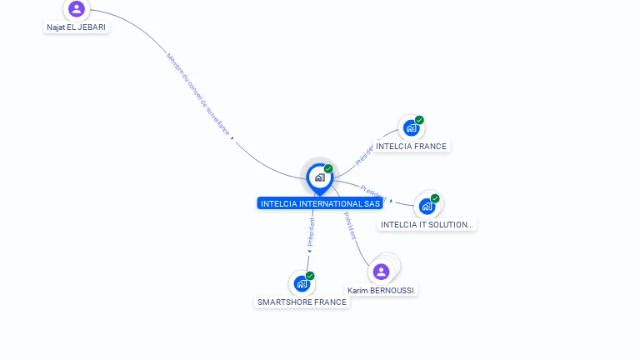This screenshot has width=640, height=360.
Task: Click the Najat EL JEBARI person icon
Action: (x=77, y=9)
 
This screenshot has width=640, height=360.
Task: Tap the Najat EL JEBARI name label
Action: (x=77, y=27)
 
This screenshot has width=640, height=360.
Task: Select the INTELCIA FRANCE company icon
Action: (x=410, y=127)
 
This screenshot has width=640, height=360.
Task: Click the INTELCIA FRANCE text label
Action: (x=411, y=147)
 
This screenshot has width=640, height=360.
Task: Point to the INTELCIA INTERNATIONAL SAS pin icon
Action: (x=319, y=177)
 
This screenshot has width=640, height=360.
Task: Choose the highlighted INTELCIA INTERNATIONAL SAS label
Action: (x=320, y=203)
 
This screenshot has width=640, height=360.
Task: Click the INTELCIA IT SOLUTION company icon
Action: (x=427, y=206)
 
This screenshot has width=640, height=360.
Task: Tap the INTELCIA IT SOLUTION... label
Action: (x=427, y=224)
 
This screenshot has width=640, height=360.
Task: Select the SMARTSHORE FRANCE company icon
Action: (x=302, y=283)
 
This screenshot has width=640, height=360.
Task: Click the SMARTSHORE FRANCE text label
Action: (x=302, y=302)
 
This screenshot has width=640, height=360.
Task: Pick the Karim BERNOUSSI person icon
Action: (x=381, y=272)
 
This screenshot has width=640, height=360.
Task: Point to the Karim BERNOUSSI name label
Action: (x=381, y=291)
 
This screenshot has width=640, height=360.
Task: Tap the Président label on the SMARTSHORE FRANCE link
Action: (x=311, y=233)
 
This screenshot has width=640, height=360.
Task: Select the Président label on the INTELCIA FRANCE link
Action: (x=365, y=151)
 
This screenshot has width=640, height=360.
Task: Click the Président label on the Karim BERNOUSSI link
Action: (x=350, y=226)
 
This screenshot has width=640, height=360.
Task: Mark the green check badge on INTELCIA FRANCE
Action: (x=419, y=120)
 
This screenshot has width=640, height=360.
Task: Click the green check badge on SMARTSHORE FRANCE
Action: (x=310, y=276)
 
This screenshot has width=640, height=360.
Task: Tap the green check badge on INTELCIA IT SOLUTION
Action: (x=435, y=198)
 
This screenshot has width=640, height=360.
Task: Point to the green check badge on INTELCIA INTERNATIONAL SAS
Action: (x=328, y=169)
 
